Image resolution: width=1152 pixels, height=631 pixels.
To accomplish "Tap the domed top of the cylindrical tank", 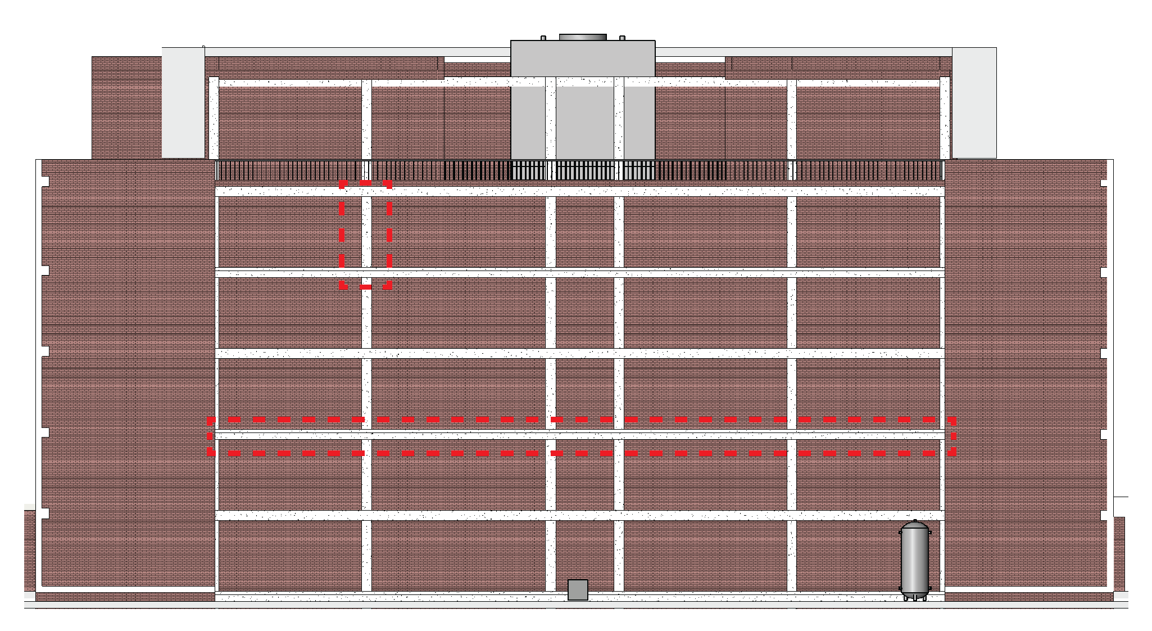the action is coord(914,525).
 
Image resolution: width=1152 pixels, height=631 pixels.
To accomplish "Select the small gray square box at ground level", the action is coord(578,590).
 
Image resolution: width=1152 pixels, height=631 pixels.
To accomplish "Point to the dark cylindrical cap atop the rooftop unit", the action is coord(583,37).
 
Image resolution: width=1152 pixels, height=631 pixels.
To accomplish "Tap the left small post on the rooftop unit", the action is coord(543,38).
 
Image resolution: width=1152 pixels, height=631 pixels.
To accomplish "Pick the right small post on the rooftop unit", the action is coord(622,38).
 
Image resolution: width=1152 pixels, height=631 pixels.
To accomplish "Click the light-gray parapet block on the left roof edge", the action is coord(183,102).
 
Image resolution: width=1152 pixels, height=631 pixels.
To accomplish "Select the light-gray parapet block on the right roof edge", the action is coord(974,102).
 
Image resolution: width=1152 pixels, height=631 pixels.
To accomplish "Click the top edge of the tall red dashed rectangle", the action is coord(365,183).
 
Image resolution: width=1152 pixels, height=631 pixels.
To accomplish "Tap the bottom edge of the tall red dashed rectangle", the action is coord(365,287).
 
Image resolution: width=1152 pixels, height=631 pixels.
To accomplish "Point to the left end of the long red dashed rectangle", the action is coord(210,436).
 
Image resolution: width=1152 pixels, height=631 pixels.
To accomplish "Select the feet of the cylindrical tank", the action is coord(914,597).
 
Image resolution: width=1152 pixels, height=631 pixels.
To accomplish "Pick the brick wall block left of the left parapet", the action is coord(126,107).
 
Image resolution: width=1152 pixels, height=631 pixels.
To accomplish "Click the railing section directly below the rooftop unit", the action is coord(583,170).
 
